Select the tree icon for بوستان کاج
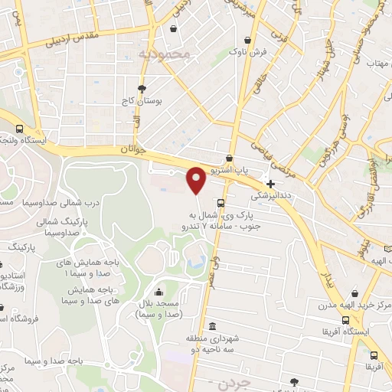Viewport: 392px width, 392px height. [x=142, y=89]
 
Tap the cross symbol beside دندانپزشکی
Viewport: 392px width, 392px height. [x=270, y=184]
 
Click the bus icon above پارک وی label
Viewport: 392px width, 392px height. [x=220, y=203]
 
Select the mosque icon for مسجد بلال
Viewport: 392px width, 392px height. [x=158, y=292]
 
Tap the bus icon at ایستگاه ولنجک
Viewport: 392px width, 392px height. [x=19, y=129]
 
